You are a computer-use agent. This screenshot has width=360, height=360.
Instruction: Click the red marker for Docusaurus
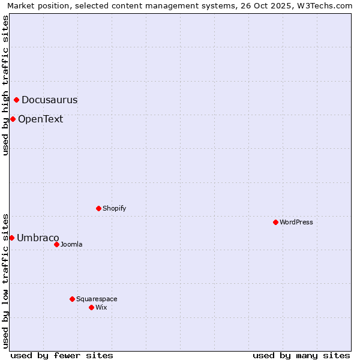click(17, 100)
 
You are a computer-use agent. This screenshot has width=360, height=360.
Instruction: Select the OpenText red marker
click(13, 119)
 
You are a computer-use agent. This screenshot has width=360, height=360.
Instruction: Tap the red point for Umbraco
click(11, 238)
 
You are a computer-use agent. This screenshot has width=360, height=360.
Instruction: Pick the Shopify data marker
click(98, 208)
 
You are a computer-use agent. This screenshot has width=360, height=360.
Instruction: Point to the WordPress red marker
click(275, 222)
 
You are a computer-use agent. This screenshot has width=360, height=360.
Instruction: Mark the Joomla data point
click(56, 244)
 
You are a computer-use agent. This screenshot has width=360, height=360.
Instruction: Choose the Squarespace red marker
click(72, 299)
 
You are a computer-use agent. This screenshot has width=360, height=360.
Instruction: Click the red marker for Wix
click(91, 307)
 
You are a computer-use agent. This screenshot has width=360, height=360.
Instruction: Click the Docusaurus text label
click(49, 100)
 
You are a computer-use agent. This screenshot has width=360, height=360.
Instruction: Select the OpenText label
click(40, 119)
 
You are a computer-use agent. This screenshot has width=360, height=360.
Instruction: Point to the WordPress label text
click(296, 222)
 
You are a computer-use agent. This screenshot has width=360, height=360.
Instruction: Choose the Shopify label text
click(115, 208)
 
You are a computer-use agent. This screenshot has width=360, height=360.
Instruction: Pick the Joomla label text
click(71, 244)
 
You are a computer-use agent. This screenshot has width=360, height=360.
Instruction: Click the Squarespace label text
click(97, 299)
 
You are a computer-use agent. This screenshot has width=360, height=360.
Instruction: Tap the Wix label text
click(101, 307)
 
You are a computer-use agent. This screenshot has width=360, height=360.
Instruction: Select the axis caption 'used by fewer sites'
click(62, 355)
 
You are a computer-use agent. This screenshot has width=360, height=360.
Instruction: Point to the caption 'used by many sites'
click(301, 355)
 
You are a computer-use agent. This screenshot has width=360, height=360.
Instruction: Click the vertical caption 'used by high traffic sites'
click(6, 85)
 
